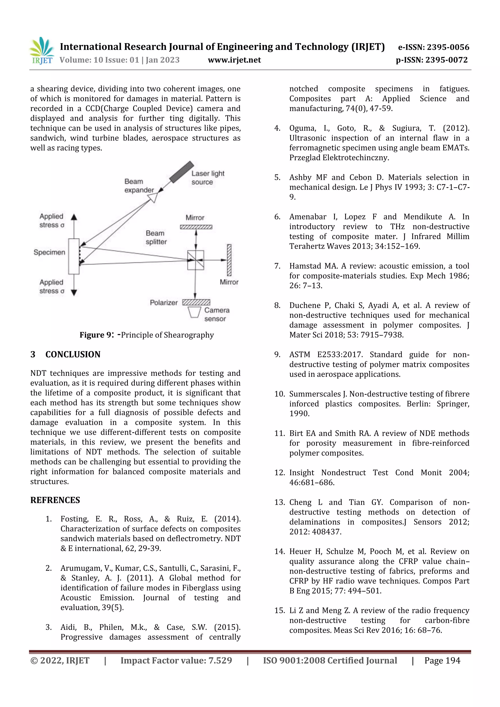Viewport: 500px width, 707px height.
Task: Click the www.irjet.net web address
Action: (x=234, y=60)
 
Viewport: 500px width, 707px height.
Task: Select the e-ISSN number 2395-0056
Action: (x=433, y=47)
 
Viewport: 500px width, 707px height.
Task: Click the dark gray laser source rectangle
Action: (x=181, y=172)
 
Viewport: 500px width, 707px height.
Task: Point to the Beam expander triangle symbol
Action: (x=153, y=197)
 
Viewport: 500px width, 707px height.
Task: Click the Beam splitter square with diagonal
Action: (x=196, y=260)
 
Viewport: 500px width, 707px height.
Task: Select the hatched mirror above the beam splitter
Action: (x=196, y=227)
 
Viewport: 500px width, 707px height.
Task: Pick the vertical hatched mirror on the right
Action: (x=229, y=260)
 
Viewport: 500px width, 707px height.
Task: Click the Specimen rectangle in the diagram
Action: (x=74, y=256)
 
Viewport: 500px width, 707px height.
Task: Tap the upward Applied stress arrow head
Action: (x=74, y=217)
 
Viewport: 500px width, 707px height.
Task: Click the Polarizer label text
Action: (x=164, y=303)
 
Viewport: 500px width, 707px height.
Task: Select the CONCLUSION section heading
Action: (x=73, y=354)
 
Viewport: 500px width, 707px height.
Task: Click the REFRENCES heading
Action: (x=55, y=500)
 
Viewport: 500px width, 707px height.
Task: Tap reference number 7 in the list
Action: (x=277, y=266)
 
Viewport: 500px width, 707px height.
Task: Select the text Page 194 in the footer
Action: (x=442, y=660)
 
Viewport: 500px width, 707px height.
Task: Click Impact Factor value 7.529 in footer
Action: (x=176, y=660)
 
